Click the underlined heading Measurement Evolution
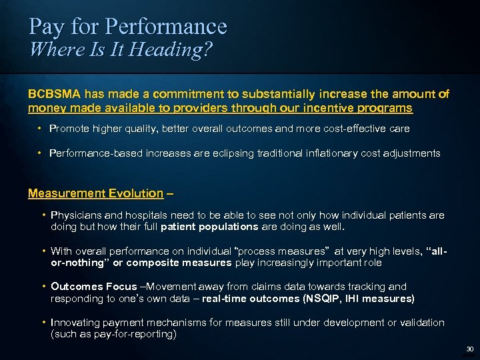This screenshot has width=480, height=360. pyautogui.click(x=95, y=193)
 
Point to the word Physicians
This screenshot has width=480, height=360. pyautogui.click(x=75, y=215)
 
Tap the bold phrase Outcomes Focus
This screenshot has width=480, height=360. pyautogui.click(x=85, y=287)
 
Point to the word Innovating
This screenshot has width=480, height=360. pyautogui.click(x=75, y=323)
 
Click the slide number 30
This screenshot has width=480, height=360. pyautogui.click(x=469, y=349)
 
